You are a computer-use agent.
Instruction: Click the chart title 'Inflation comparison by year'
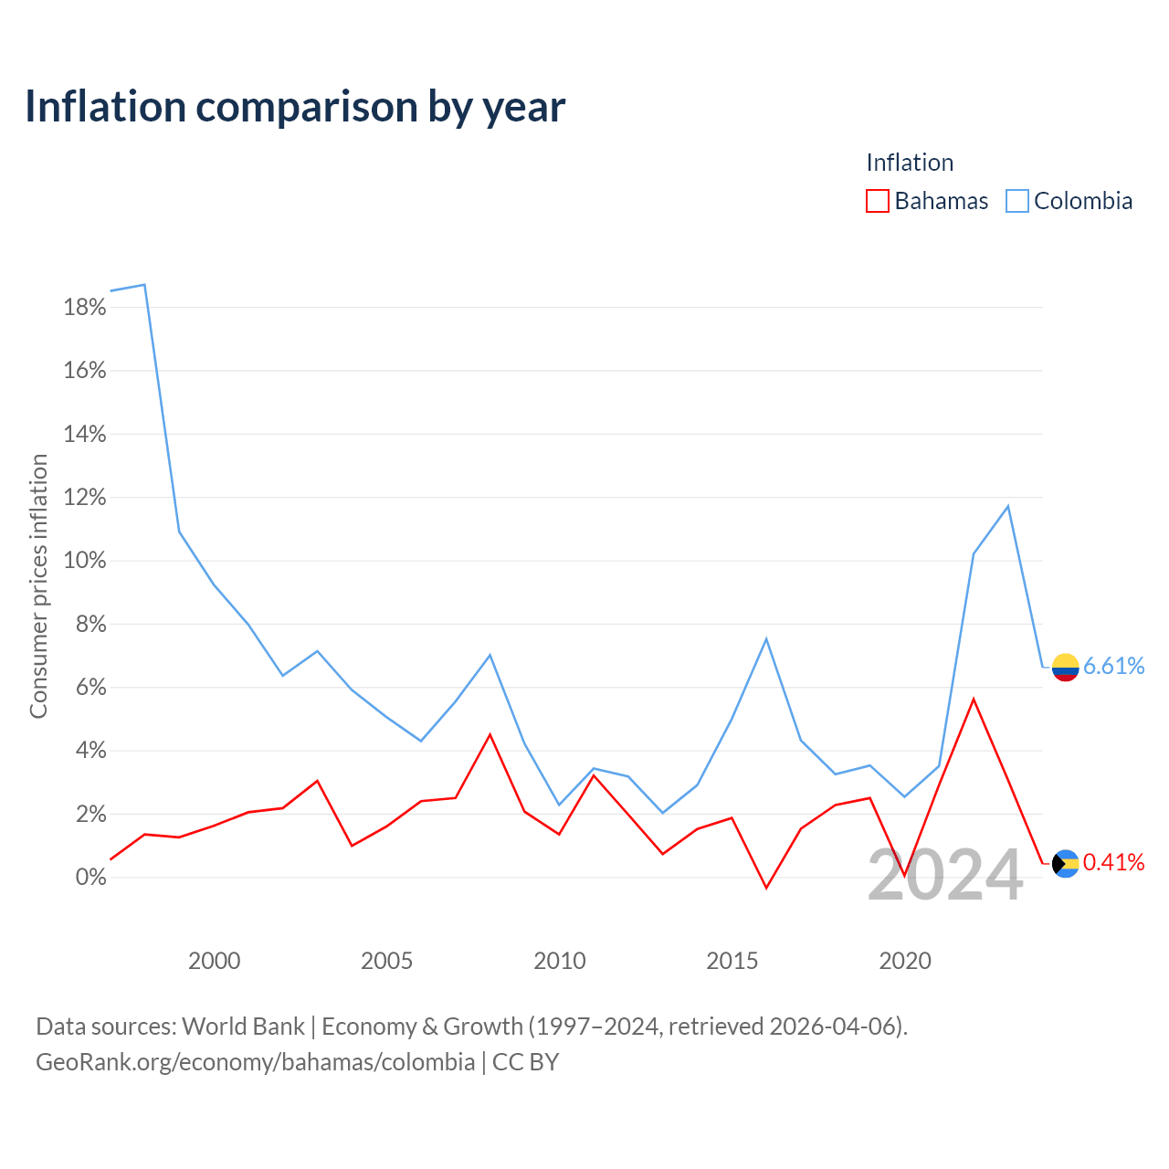coord(295,107)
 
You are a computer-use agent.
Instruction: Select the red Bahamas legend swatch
coord(877,201)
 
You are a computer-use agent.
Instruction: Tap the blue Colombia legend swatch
coord(1016,201)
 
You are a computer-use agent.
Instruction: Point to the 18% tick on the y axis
coord(85,307)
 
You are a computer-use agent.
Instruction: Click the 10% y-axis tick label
coord(85,560)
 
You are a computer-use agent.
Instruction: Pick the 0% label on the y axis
coord(91,877)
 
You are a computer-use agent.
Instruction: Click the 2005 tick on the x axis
coord(386,960)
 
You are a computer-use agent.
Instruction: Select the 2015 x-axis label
coord(732,960)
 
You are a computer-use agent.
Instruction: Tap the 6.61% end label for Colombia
coord(1113,666)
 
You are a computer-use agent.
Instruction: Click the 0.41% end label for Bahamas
coord(1113,862)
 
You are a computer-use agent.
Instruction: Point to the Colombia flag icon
coord(1065,668)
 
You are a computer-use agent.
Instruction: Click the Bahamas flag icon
coord(1065,863)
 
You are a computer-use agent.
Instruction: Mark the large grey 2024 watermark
coord(945,875)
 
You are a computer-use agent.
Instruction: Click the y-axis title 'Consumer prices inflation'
coord(38,586)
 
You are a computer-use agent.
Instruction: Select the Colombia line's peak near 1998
coord(144,285)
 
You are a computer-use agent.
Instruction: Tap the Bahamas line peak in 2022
coord(973,700)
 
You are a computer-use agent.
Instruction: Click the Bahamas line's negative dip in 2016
coord(766,888)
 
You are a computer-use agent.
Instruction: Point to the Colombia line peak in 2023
coord(1007,506)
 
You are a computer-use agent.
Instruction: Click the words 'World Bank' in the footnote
coord(243,1027)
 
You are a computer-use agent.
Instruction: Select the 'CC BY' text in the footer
coord(525,1061)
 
